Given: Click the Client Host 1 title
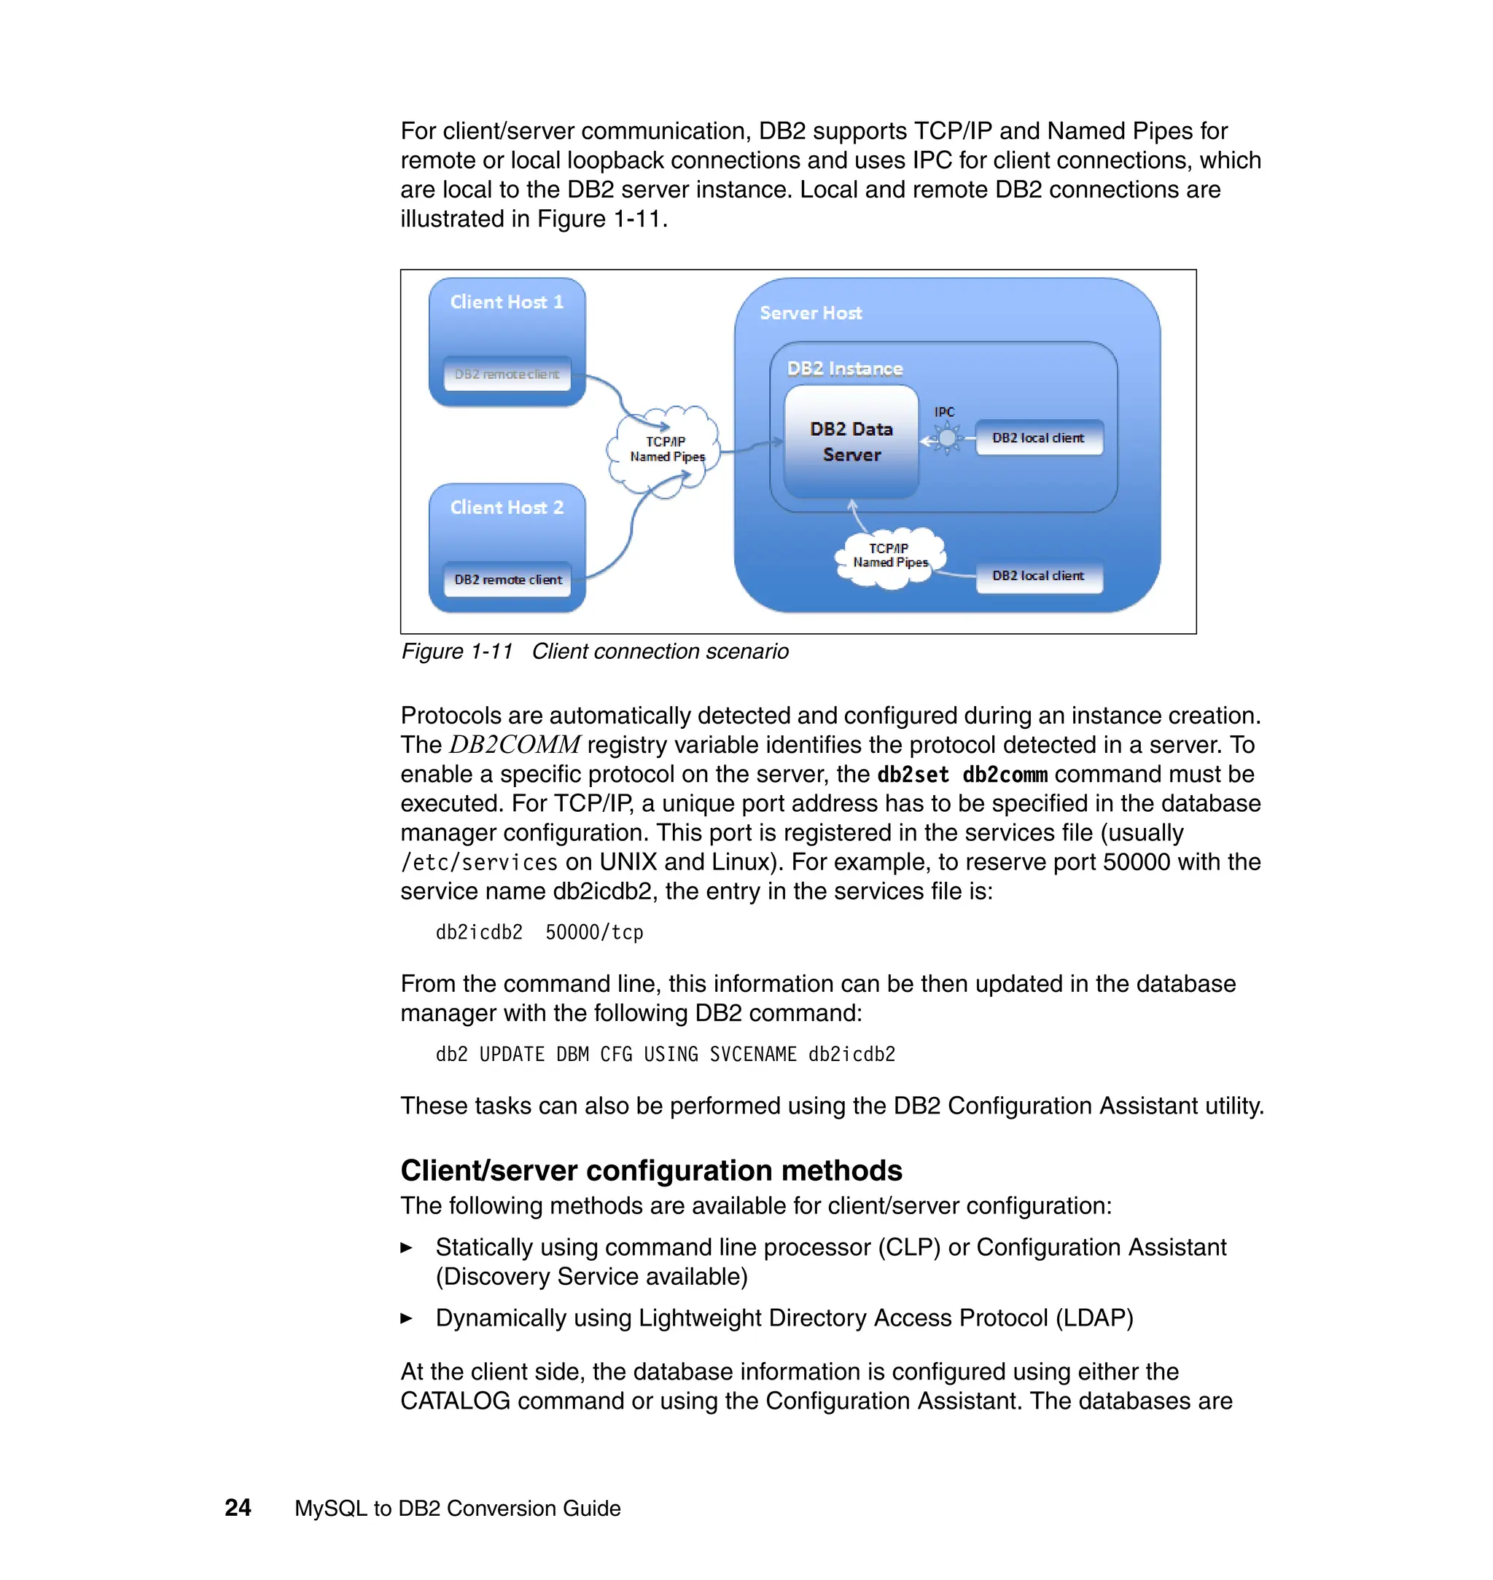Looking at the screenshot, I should tap(506, 302).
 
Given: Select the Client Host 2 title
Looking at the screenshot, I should tap(506, 507).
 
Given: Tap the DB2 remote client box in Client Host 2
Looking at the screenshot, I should tap(507, 580).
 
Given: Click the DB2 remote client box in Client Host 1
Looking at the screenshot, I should tap(507, 374).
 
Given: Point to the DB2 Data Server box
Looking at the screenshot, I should tap(851, 442).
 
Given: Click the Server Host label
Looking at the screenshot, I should tap(810, 313).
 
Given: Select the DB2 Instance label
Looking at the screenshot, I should tap(844, 368).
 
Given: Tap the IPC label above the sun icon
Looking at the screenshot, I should tap(944, 412).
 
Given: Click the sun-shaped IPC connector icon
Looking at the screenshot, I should tap(946, 437).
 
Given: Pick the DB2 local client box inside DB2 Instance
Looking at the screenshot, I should tap(1038, 437).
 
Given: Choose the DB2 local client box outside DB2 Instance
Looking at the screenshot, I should tap(1038, 575).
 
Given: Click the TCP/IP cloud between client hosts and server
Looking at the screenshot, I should tap(666, 450).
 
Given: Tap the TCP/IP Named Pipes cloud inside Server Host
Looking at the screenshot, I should tap(890, 556).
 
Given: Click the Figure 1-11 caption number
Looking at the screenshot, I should tap(457, 652).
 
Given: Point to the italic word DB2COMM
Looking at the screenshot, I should tap(514, 746).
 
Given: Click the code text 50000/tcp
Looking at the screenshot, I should tap(593, 932).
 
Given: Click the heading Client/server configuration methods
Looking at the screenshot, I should tap(650, 1170).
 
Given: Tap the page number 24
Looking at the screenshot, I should tap(238, 1508).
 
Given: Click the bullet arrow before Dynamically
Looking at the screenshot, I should tap(407, 1318).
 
